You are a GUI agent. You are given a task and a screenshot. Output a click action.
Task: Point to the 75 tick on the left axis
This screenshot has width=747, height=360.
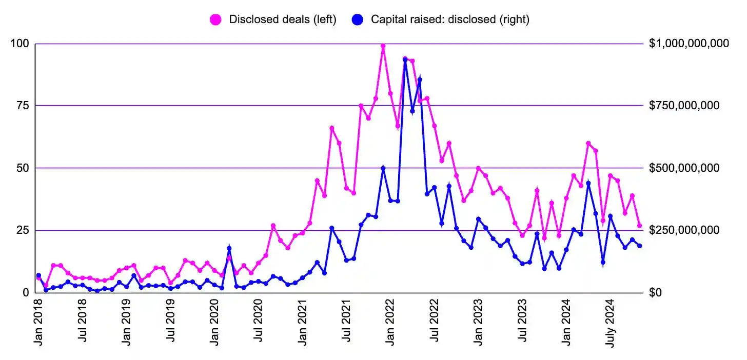pyautogui.click(x=22, y=106)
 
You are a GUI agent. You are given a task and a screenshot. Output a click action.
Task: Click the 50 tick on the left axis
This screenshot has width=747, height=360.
pyautogui.click(x=22, y=168)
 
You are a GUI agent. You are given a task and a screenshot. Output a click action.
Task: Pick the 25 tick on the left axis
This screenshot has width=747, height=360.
pyautogui.click(x=22, y=230)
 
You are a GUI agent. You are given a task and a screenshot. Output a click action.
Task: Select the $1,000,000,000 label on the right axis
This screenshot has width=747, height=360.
pyautogui.click(x=689, y=44)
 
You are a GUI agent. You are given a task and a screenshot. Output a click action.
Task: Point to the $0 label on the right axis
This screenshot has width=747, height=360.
pyautogui.click(x=656, y=293)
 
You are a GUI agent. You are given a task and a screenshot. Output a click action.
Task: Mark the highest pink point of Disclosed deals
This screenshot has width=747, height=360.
pyautogui.click(x=383, y=46)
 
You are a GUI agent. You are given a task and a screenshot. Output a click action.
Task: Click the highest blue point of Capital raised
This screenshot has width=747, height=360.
pyautogui.click(x=405, y=59)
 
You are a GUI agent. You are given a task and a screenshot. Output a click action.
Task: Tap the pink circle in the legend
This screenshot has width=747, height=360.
pyautogui.click(x=216, y=19)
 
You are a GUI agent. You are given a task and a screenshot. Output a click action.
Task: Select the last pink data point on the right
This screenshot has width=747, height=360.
pyautogui.click(x=639, y=225)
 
